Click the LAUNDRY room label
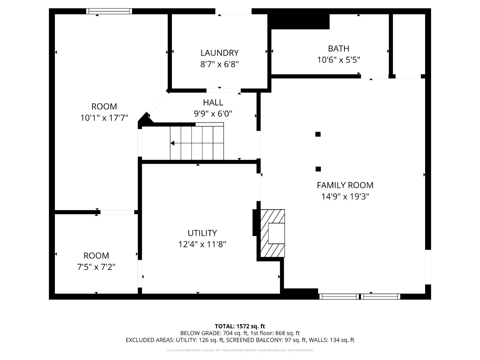click(x=219, y=53)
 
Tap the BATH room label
click(x=338, y=49)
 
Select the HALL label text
click(x=213, y=102)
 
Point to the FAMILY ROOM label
click(x=345, y=185)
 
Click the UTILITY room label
click(x=202, y=233)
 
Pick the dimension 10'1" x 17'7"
click(x=104, y=118)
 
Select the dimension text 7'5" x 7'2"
click(x=96, y=267)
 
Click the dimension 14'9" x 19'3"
click(x=345, y=196)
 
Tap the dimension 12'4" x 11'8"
click(x=202, y=244)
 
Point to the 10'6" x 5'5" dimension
click(x=338, y=60)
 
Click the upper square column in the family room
click(x=318, y=134)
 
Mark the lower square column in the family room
click(x=318, y=169)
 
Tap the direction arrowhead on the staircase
click(x=172, y=143)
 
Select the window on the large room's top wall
click(x=109, y=11)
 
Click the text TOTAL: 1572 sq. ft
click(x=240, y=326)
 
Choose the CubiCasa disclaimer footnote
click(x=240, y=350)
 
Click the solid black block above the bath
click(x=299, y=22)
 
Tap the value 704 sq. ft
click(x=235, y=333)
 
